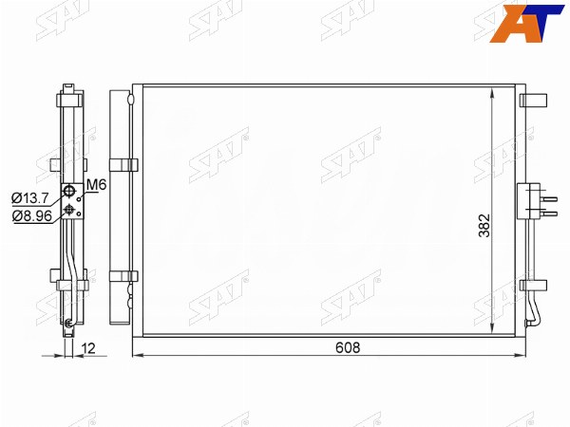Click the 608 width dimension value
coord(348,347)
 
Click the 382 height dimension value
coord(484,226)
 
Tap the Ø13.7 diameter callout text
coord(29,198)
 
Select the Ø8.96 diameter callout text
coord(32,216)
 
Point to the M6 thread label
coord(97,185)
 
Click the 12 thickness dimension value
coord(88,348)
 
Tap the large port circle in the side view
coord(68,190)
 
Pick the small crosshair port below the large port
coord(68,209)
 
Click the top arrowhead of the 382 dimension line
coord(492,92)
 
